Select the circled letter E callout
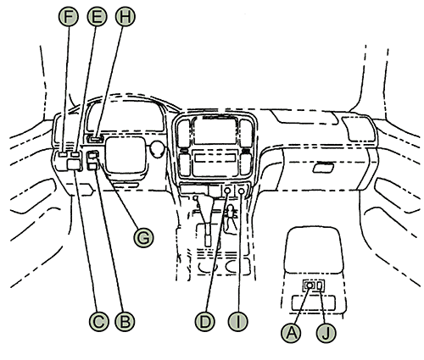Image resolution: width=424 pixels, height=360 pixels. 97,16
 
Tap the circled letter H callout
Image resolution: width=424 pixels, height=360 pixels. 125,16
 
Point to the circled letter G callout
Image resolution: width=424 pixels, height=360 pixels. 143,236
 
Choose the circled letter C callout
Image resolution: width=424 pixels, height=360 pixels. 98,320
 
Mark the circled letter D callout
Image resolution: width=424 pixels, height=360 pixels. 204,320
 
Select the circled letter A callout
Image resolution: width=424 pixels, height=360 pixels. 293,332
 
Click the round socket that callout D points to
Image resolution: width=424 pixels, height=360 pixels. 227,192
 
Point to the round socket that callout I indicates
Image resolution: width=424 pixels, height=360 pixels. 242,192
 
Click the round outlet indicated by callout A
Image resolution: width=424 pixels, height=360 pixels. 310,285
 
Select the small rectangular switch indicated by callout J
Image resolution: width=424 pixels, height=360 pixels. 319,285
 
